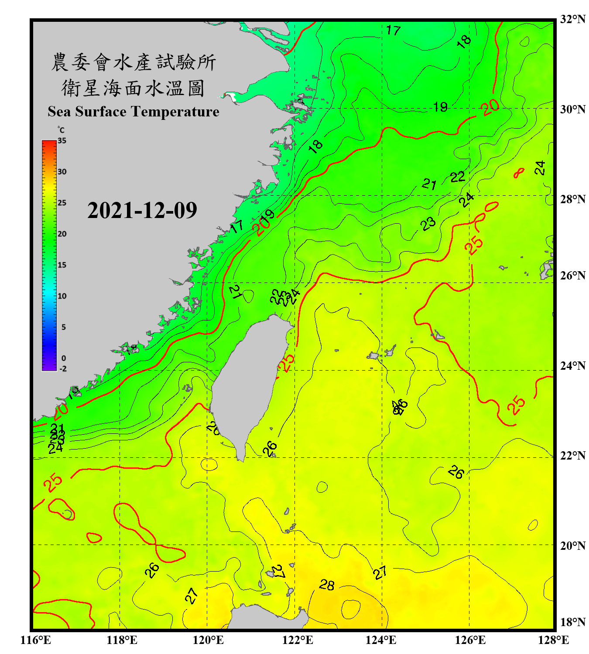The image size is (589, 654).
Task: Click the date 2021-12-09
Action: pyautogui.click(x=142, y=211)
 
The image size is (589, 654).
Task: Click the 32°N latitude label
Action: pyautogui.click(x=572, y=19)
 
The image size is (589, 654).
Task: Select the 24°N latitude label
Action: pyautogui.click(x=572, y=365)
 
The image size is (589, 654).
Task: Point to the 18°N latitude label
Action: pyautogui.click(x=572, y=622)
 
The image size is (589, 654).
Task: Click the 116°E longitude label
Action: pyautogui.click(x=35, y=640)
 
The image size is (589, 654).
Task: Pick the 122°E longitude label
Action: pyautogui.click(x=298, y=640)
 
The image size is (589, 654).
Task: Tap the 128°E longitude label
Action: pyautogui.click(x=553, y=640)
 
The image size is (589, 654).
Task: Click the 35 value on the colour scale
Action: pyautogui.click(x=62, y=141)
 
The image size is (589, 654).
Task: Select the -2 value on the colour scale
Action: pyautogui.click(x=63, y=368)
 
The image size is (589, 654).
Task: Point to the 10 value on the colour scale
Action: pyautogui.click(x=62, y=296)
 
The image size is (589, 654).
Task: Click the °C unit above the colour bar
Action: pyautogui.click(x=61, y=130)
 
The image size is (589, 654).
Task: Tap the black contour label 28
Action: pyautogui.click(x=327, y=585)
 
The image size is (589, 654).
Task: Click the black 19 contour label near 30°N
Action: pyautogui.click(x=440, y=107)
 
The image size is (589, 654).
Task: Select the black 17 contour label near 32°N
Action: pyautogui.click(x=393, y=31)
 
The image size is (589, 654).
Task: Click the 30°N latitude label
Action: pyautogui.click(x=572, y=109)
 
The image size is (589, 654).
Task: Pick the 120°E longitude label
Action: pyautogui.click(x=208, y=640)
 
